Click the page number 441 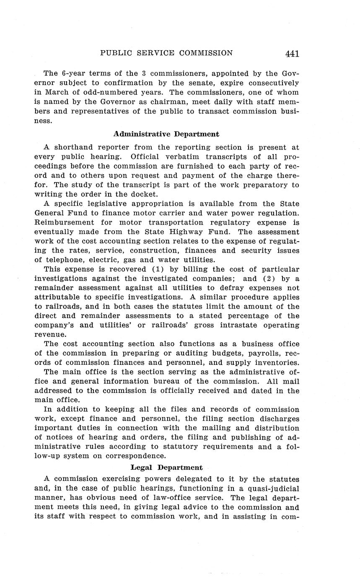292,54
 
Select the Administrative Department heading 166,134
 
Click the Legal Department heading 166,467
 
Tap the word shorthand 73,147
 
